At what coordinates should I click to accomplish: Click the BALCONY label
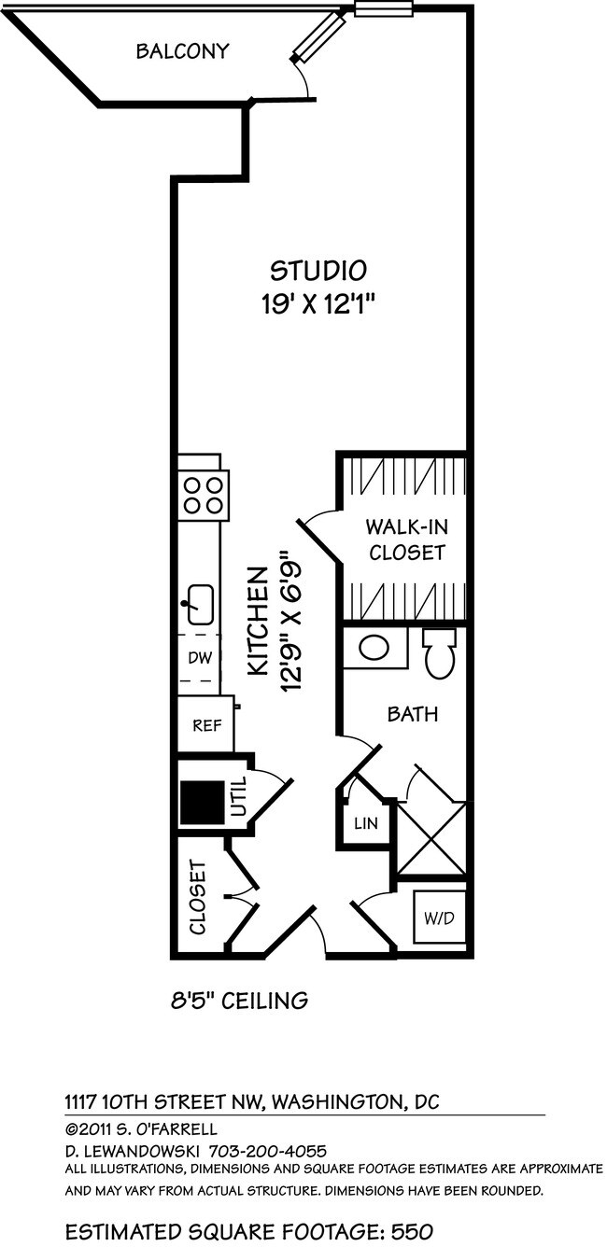(182, 51)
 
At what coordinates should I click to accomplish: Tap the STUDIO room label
(318, 271)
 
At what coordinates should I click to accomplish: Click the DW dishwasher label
(200, 657)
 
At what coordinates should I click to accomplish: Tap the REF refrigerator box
(205, 724)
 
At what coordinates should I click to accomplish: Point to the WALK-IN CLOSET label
(405, 539)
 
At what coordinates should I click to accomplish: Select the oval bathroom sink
(375, 648)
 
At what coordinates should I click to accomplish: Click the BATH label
(413, 715)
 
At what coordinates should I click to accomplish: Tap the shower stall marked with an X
(431, 837)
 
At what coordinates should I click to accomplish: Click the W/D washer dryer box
(438, 918)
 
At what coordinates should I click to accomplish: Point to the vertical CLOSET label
(198, 898)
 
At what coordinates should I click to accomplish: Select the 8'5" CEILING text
(239, 1002)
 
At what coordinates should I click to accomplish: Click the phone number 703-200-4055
(267, 1152)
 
